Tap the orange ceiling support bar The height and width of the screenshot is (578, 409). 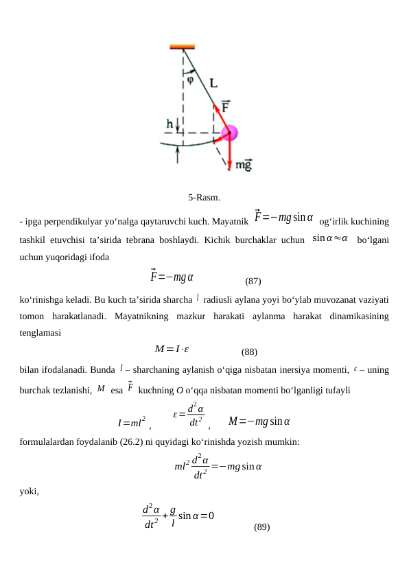coord(183,47)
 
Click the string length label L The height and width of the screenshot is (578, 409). coord(213,83)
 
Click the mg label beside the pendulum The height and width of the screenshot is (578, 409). coord(244,165)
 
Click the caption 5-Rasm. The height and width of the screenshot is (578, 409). coord(204,198)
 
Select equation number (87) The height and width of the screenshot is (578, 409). coord(253,281)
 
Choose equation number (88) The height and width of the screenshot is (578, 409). coord(250,352)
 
